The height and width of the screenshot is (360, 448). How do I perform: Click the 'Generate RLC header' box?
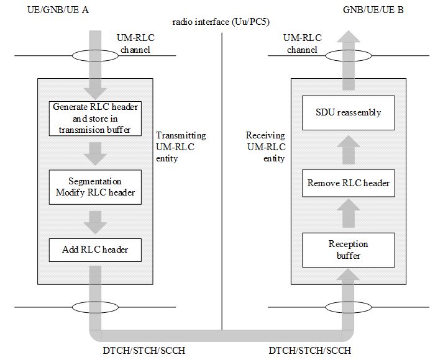[x=95, y=118]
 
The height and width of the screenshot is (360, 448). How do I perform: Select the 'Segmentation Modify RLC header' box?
[x=95, y=186]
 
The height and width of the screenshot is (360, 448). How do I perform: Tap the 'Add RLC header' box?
[x=95, y=249]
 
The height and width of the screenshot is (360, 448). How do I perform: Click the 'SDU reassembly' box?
[x=349, y=113]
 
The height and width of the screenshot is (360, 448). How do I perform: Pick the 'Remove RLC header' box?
[x=349, y=182]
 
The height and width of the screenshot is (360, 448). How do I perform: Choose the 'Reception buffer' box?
[x=349, y=249]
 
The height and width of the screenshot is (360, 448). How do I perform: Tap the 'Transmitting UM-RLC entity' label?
[x=180, y=147]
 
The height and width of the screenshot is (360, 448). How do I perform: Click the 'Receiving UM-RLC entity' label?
[x=265, y=147]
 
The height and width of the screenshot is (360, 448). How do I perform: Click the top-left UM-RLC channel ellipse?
[x=95, y=56]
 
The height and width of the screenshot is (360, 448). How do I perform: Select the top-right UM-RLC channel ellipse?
[x=349, y=56]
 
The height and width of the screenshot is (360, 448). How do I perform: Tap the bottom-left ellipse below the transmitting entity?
[x=95, y=307]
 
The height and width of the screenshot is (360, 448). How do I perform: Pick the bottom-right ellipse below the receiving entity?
[x=349, y=307]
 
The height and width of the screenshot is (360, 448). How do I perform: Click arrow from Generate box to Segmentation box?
[x=95, y=153]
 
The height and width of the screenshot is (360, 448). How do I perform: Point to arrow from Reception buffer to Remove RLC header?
[x=349, y=215]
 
